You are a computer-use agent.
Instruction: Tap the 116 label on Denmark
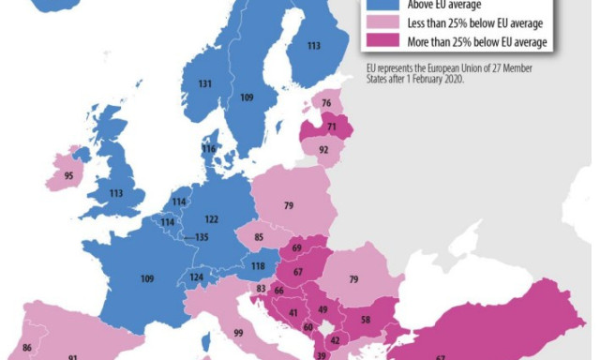click(208, 149)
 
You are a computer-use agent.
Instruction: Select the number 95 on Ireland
click(68, 174)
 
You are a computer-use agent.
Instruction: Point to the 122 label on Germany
click(212, 218)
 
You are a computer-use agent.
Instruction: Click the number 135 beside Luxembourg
click(201, 237)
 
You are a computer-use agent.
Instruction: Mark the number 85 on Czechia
click(258, 238)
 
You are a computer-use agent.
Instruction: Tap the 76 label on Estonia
click(326, 104)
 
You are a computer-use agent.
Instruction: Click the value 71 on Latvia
click(331, 126)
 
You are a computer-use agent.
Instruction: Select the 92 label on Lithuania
click(323, 149)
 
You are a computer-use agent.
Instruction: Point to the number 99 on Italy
click(239, 334)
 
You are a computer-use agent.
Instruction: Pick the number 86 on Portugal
click(26, 348)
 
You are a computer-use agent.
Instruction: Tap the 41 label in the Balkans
click(293, 312)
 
